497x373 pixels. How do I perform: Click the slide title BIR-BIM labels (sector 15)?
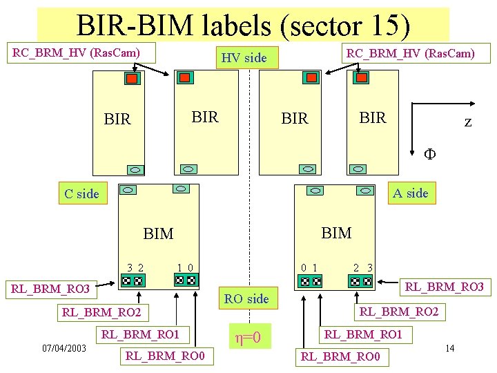click(x=243, y=25)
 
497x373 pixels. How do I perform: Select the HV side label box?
click(x=244, y=58)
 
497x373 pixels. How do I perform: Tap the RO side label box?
click(x=246, y=298)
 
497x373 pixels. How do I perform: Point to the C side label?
click(x=81, y=193)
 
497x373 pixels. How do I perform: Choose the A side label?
click(x=410, y=193)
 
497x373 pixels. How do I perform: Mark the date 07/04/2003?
click(x=64, y=347)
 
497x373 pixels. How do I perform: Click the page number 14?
click(x=449, y=347)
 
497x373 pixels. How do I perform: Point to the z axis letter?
click(x=467, y=122)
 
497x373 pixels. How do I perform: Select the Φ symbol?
click(x=429, y=153)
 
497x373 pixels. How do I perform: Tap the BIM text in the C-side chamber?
click(x=158, y=234)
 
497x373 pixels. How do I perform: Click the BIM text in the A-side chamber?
click(x=336, y=233)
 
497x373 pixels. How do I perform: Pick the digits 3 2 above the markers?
click(x=135, y=267)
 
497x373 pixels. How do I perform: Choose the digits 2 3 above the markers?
click(x=363, y=267)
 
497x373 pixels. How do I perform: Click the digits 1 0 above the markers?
click(x=185, y=267)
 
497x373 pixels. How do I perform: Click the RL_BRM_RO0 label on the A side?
click(x=340, y=357)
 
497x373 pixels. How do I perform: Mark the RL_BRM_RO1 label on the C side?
click(x=141, y=335)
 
